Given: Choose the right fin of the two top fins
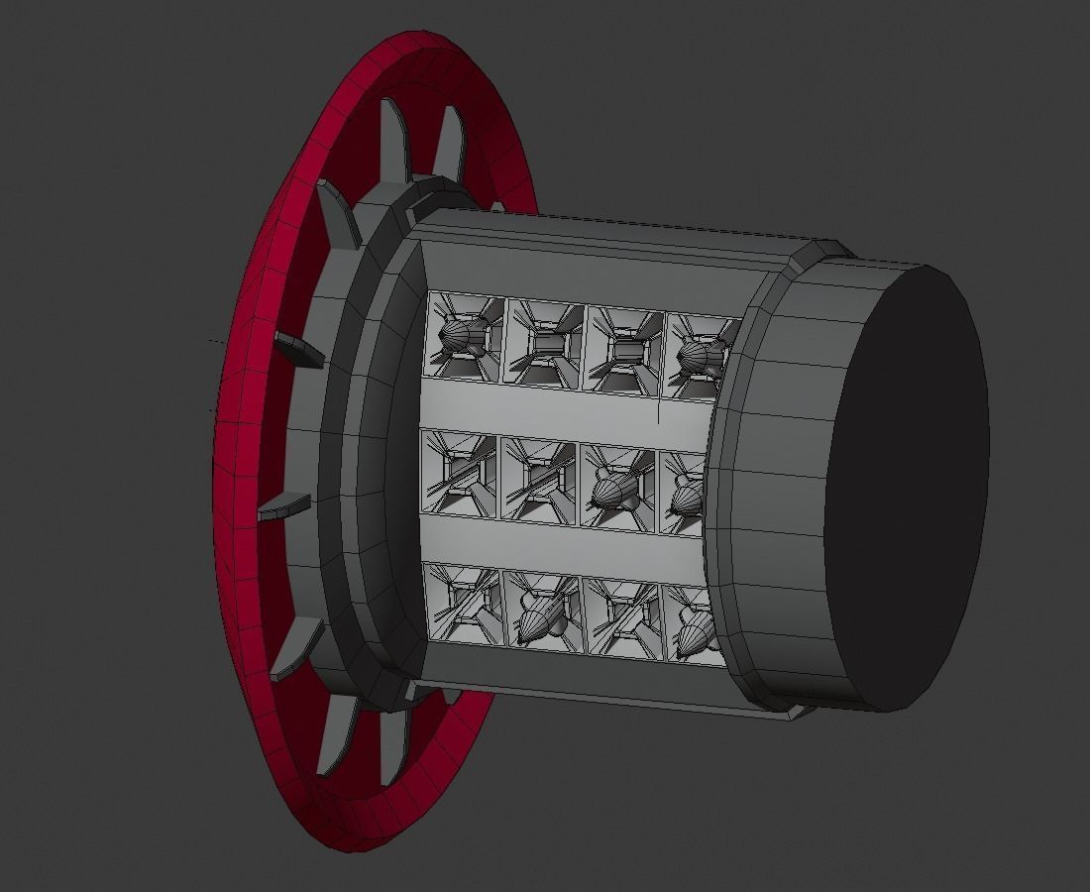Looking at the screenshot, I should (x=449, y=144).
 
